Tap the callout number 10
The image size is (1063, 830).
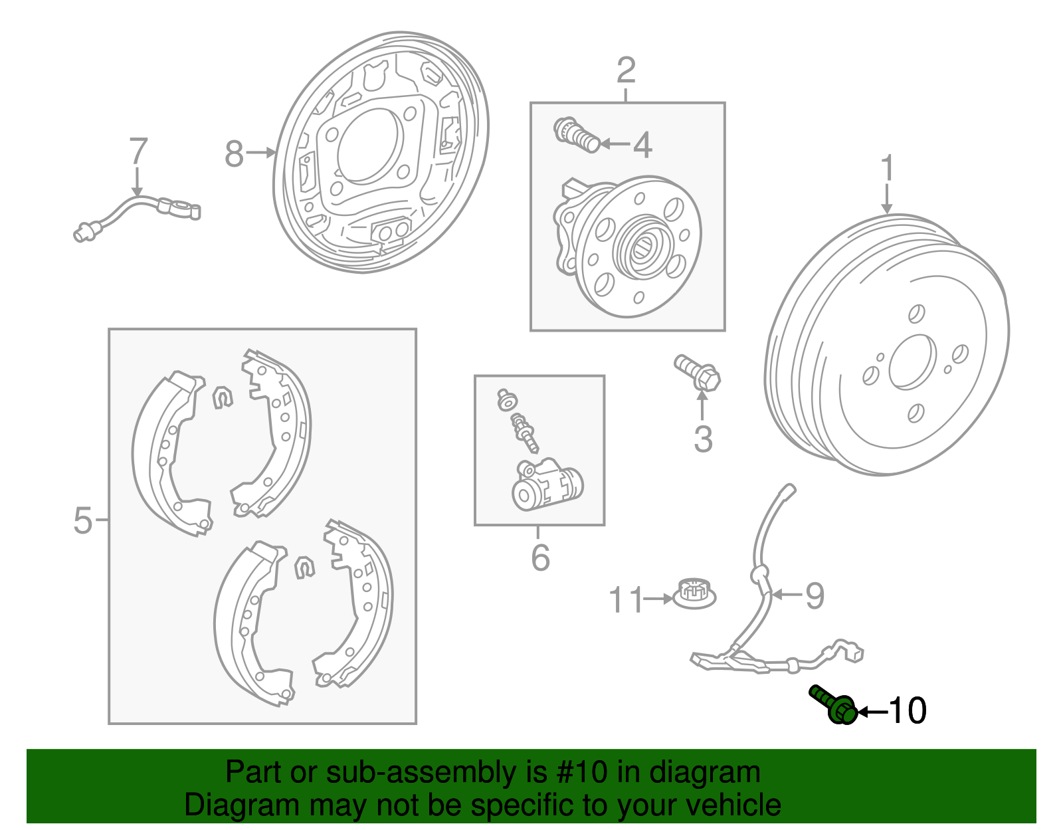(x=907, y=711)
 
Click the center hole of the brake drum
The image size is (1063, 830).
(x=912, y=362)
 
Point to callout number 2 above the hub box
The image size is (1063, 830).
(x=626, y=70)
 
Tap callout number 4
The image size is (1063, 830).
(x=642, y=145)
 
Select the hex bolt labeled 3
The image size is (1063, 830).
(x=698, y=372)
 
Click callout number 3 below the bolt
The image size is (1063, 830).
(x=703, y=439)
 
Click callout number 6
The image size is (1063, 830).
(x=540, y=558)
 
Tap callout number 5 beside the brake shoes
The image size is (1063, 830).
(x=82, y=520)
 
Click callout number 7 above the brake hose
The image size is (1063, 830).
(x=138, y=152)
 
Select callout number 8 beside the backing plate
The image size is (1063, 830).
(x=234, y=154)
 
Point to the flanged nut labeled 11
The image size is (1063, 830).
(x=694, y=593)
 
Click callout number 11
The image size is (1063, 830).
(x=626, y=600)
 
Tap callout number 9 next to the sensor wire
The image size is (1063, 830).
(x=815, y=595)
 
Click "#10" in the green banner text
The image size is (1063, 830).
(x=579, y=773)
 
